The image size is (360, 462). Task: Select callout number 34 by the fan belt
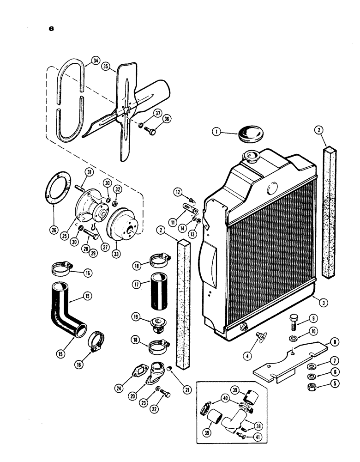95,60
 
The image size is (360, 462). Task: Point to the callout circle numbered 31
89,172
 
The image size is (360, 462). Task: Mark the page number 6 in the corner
51,28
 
